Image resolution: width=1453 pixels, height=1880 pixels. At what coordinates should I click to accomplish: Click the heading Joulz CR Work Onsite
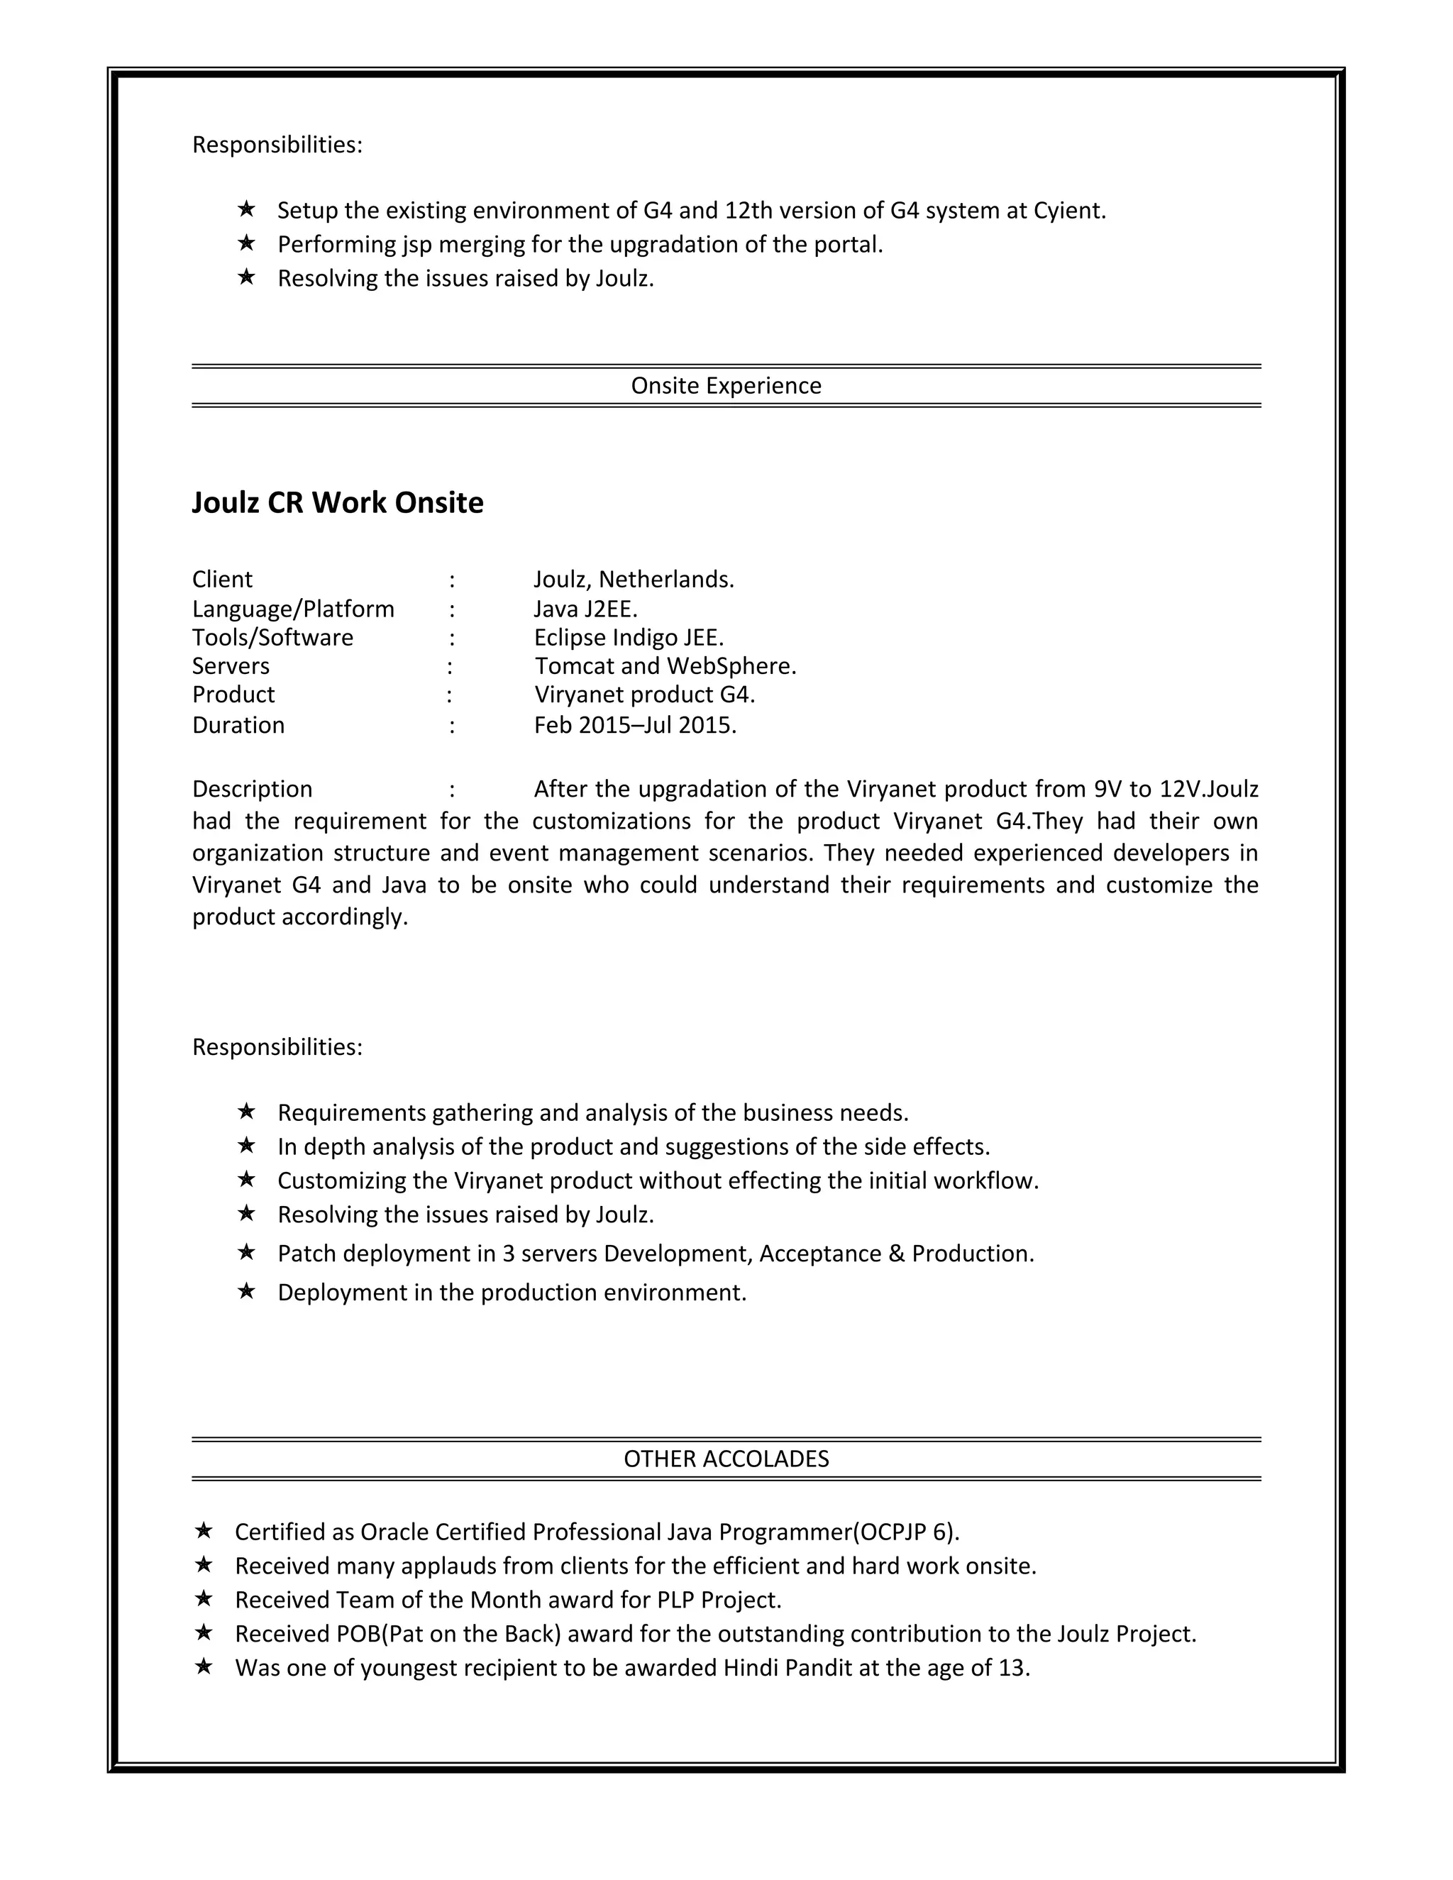pyautogui.click(x=338, y=503)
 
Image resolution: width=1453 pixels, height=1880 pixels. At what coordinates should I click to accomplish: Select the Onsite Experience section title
pyautogui.click(x=726, y=386)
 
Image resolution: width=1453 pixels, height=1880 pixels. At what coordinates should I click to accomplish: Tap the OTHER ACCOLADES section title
pyautogui.click(x=726, y=1458)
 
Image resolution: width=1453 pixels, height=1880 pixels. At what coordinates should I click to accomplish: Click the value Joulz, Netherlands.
pyautogui.click(x=634, y=580)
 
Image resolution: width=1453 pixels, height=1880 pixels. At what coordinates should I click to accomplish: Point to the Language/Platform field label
pyautogui.click(x=293, y=609)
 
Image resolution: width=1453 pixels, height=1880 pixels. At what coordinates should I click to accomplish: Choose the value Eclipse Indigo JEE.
pyautogui.click(x=629, y=637)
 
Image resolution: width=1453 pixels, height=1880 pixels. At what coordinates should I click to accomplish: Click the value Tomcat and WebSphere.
pyautogui.click(x=665, y=665)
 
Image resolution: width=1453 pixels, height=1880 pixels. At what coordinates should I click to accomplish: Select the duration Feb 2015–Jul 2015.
pyautogui.click(x=635, y=725)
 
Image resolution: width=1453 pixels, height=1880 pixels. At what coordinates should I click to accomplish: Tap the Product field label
pyautogui.click(x=233, y=694)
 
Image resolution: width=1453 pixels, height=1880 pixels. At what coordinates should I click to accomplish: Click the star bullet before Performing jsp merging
pyautogui.click(x=246, y=243)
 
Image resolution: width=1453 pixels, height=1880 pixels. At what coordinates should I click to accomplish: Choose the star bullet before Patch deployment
pyautogui.click(x=246, y=1251)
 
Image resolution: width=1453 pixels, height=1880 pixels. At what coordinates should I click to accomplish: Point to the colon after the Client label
pyautogui.click(x=451, y=580)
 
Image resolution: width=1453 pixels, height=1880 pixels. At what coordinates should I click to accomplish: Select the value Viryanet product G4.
pyautogui.click(x=645, y=694)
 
